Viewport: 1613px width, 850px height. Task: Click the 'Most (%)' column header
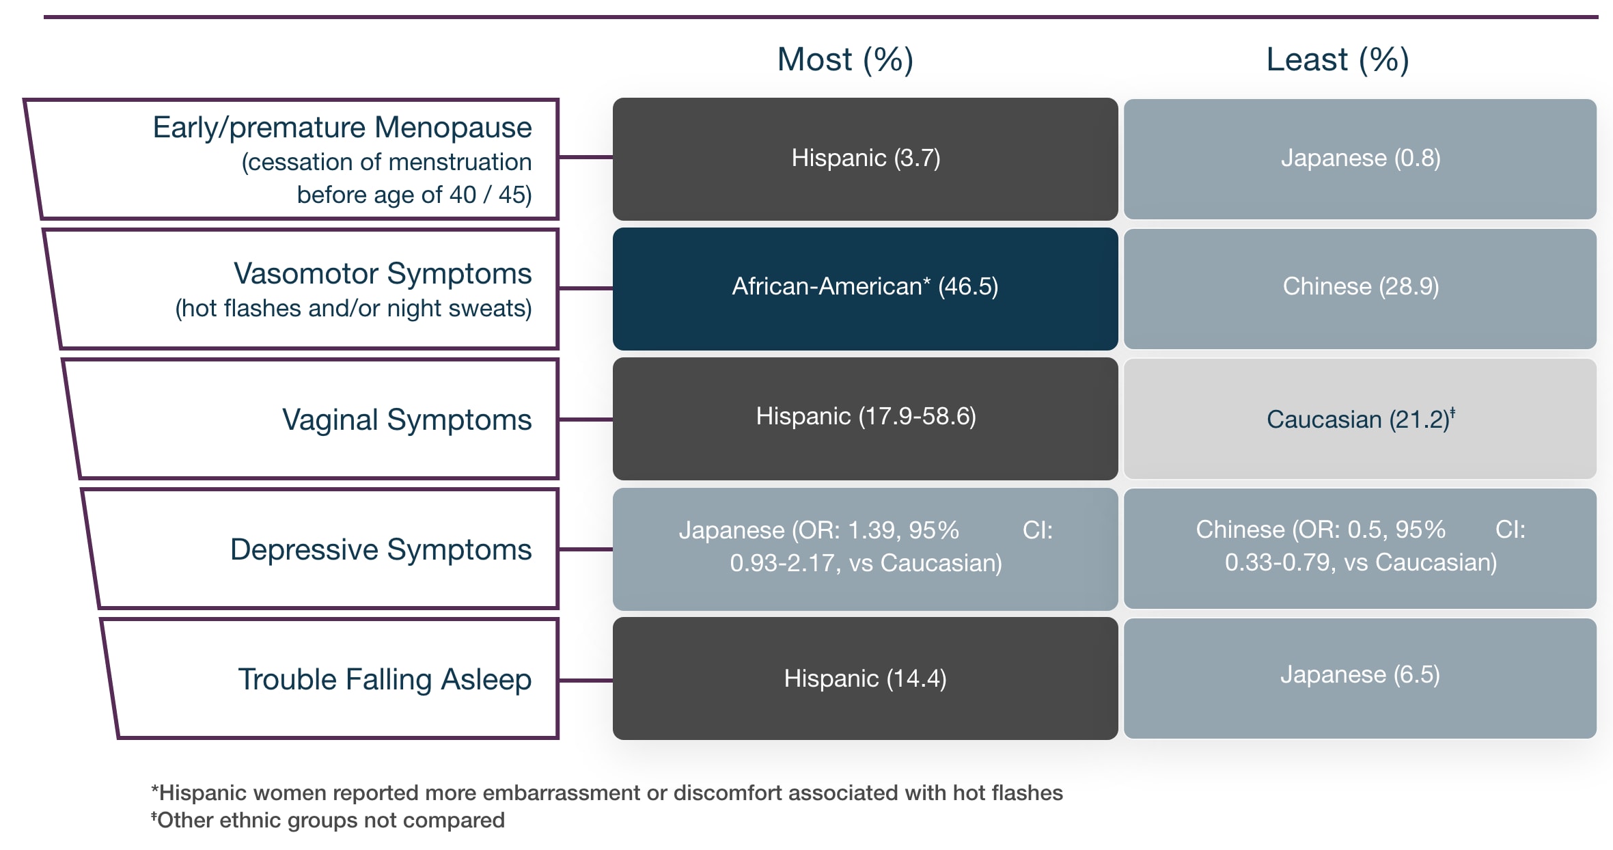[845, 59]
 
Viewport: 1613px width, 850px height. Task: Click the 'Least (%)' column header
[1337, 59]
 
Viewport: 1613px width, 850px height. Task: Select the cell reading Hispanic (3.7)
[865, 159]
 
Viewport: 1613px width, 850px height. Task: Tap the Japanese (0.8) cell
[1360, 159]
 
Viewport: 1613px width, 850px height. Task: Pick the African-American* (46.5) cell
[865, 287]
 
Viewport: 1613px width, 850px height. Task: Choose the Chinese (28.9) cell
[1360, 287]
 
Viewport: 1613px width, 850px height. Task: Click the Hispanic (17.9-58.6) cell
[865, 417]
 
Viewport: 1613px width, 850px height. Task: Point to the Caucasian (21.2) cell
[1360, 419]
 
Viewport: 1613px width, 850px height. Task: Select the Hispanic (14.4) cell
[865, 678]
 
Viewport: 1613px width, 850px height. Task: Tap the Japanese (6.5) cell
[1360, 675]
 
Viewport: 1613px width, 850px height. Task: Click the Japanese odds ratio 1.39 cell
[865, 547]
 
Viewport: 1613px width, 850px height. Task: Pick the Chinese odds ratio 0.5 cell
[1360, 546]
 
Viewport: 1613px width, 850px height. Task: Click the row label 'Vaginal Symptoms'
[406, 420]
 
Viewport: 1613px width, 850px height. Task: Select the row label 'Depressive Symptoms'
[381, 549]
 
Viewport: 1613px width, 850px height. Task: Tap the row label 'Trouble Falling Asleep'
[384, 679]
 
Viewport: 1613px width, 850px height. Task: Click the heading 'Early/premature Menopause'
[342, 128]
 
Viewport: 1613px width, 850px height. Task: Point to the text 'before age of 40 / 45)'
[414, 195]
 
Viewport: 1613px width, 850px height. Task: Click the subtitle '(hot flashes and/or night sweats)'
[353, 309]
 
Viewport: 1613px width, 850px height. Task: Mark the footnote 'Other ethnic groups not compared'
[328, 820]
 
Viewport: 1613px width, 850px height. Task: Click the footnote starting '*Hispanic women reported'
[607, 793]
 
